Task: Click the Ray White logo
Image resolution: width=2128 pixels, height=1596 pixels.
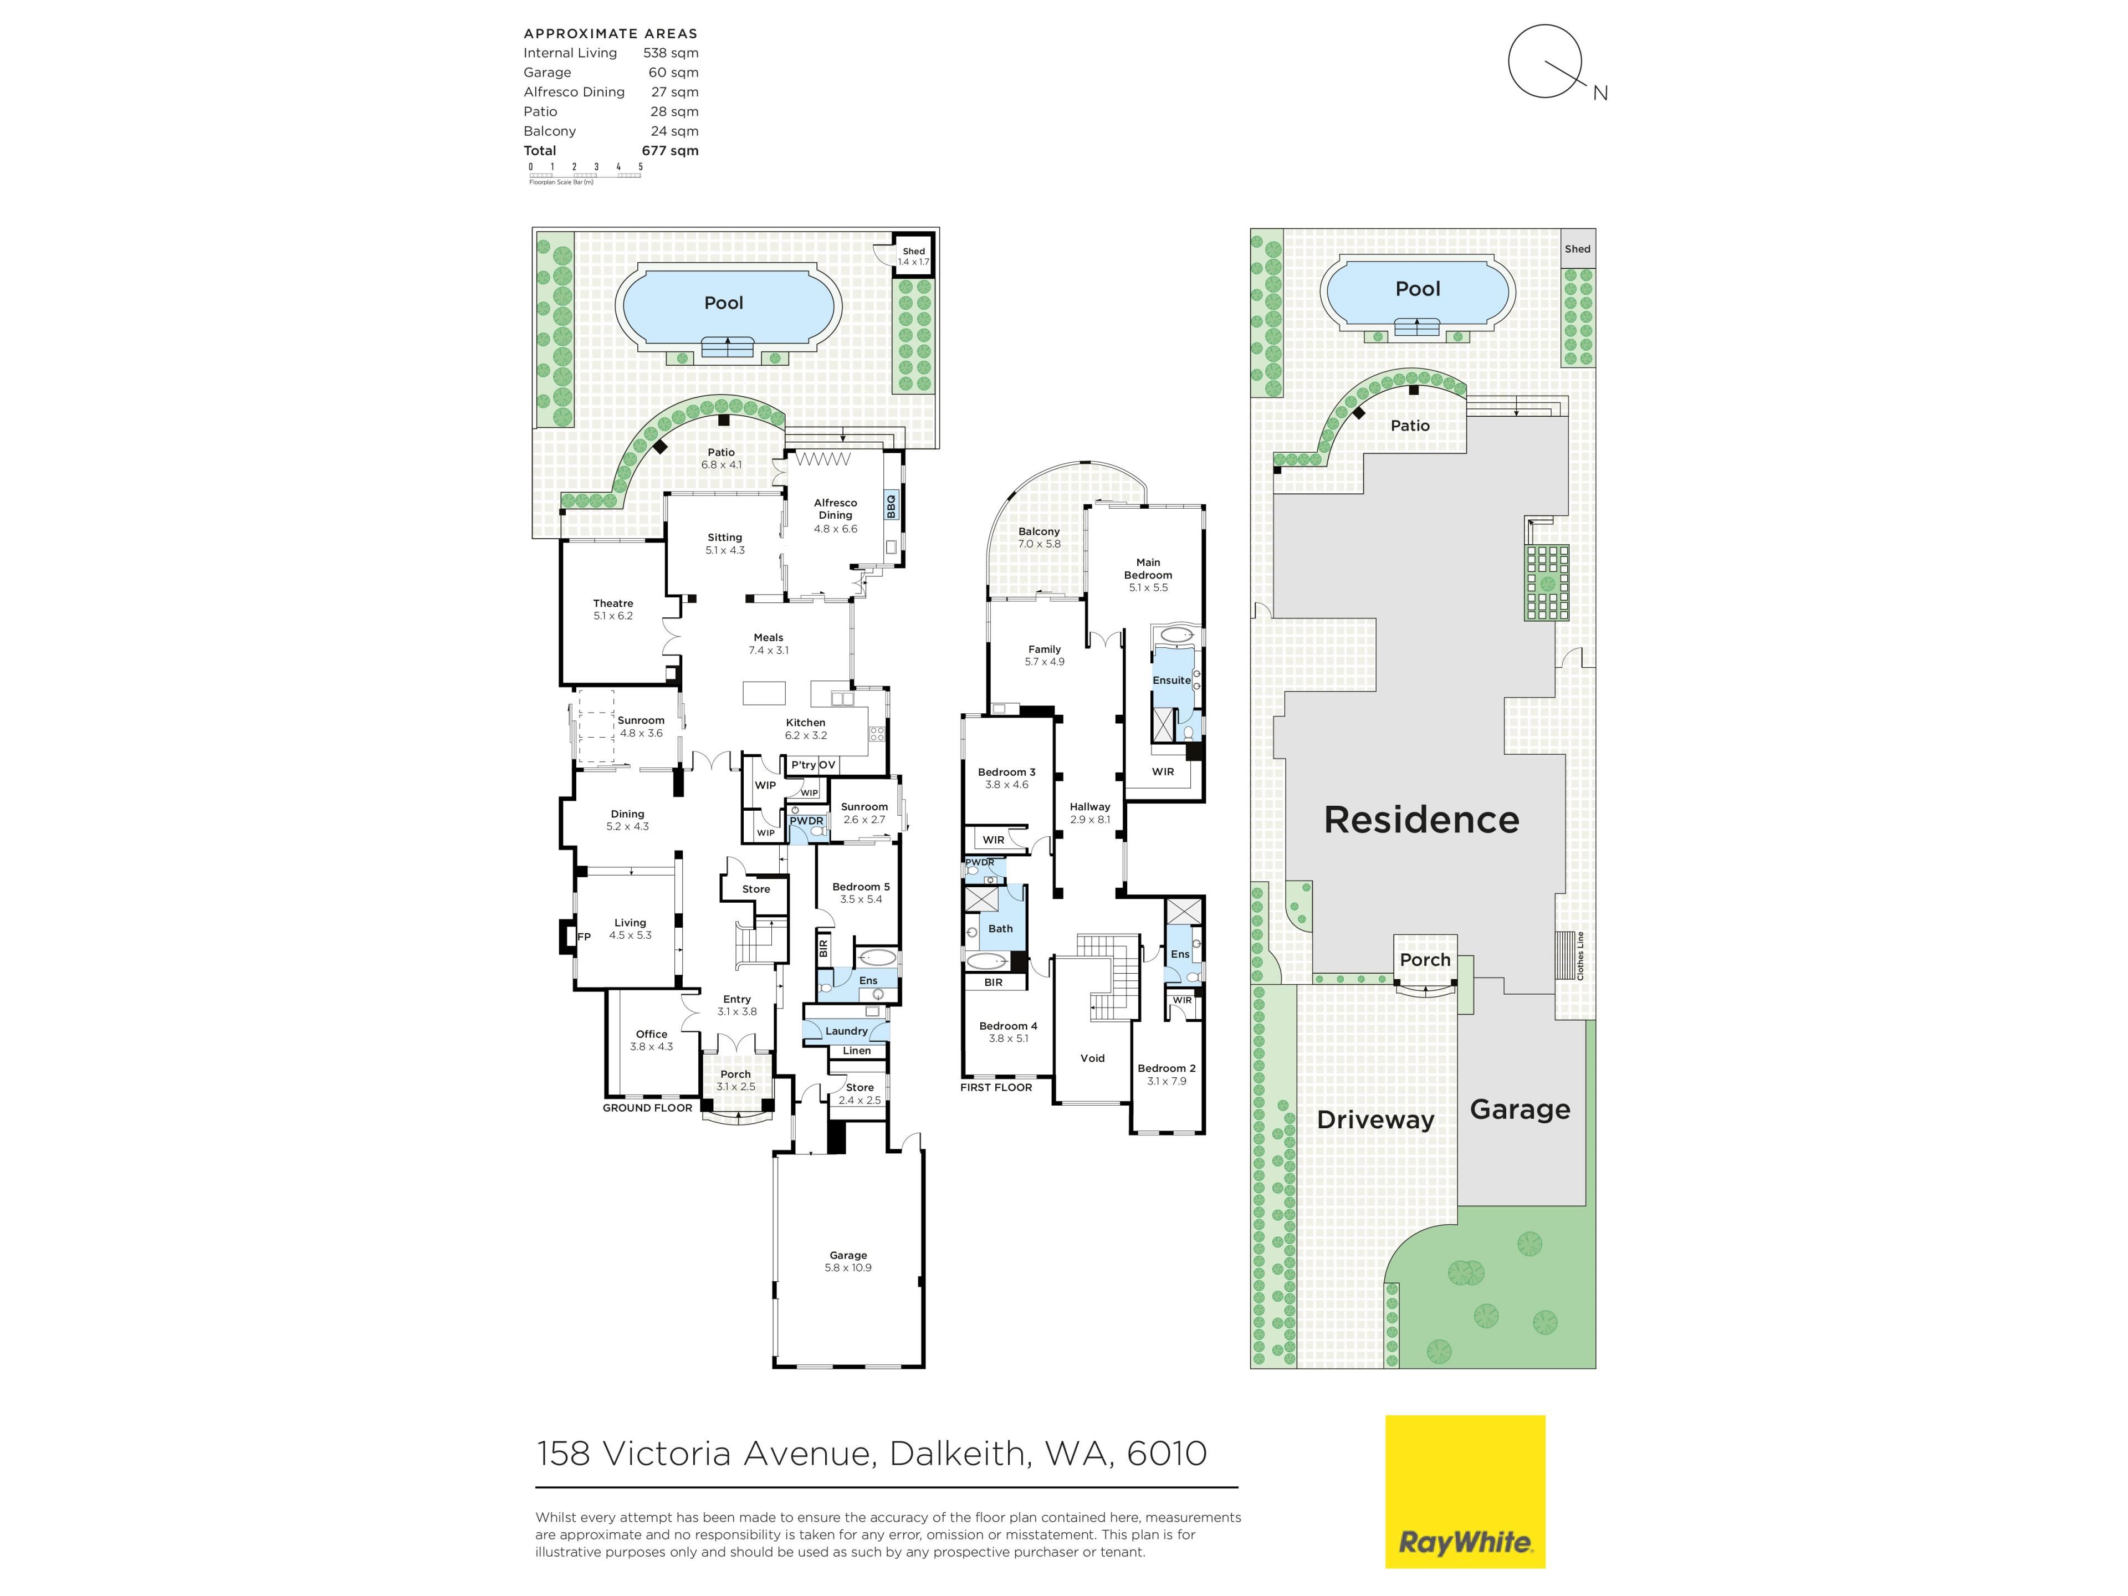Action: (1464, 1491)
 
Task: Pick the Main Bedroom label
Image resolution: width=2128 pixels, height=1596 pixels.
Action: (1148, 574)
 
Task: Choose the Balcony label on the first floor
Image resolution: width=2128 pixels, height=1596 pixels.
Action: (1039, 538)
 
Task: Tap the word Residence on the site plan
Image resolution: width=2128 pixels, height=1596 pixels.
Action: (1421, 820)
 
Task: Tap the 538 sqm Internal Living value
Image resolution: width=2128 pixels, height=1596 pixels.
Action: (671, 53)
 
